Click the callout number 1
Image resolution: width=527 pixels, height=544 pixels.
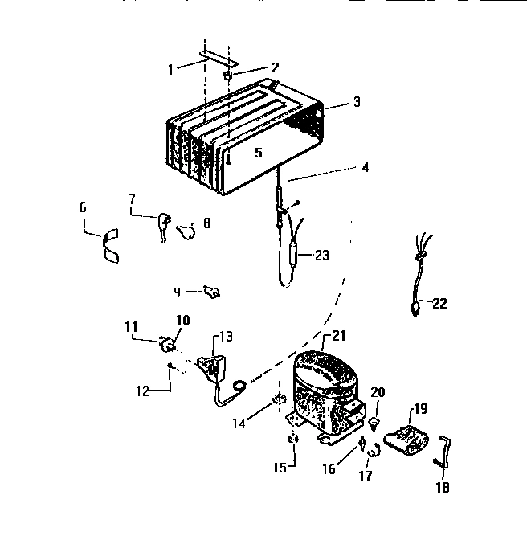tap(170, 69)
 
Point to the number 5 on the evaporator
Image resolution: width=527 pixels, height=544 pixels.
tap(258, 152)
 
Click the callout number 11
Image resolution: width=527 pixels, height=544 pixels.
tap(130, 325)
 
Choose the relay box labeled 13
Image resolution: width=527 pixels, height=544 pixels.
tap(214, 365)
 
